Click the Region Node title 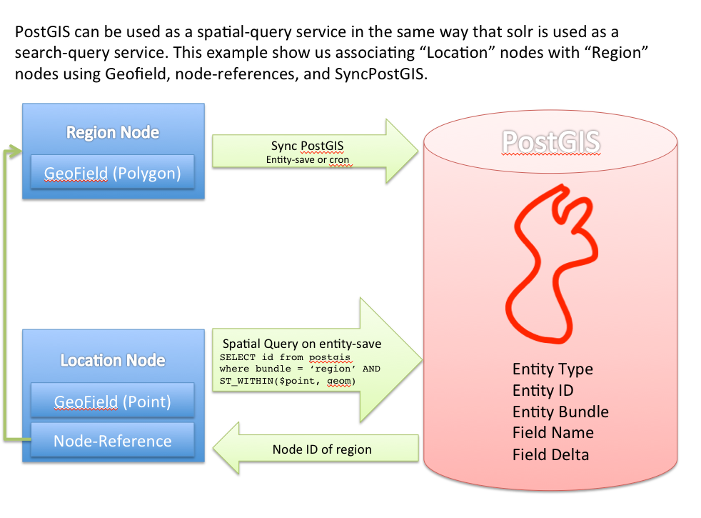point(113,132)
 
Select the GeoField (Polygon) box point(113,172)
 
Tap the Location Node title point(113,360)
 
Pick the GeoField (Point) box point(113,402)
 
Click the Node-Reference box point(113,441)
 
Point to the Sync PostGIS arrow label point(307,146)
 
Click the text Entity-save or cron point(307,160)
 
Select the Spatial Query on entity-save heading point(302,344)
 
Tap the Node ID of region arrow point(321,449)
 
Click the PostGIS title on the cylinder point(550,141)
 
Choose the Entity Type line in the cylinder point(553,369)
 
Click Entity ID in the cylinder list point(543,391)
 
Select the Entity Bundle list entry point(560,412)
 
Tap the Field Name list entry point(553,433)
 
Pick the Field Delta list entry point(550,454)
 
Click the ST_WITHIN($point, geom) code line point(287,381)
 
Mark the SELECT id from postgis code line point(287,357)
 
